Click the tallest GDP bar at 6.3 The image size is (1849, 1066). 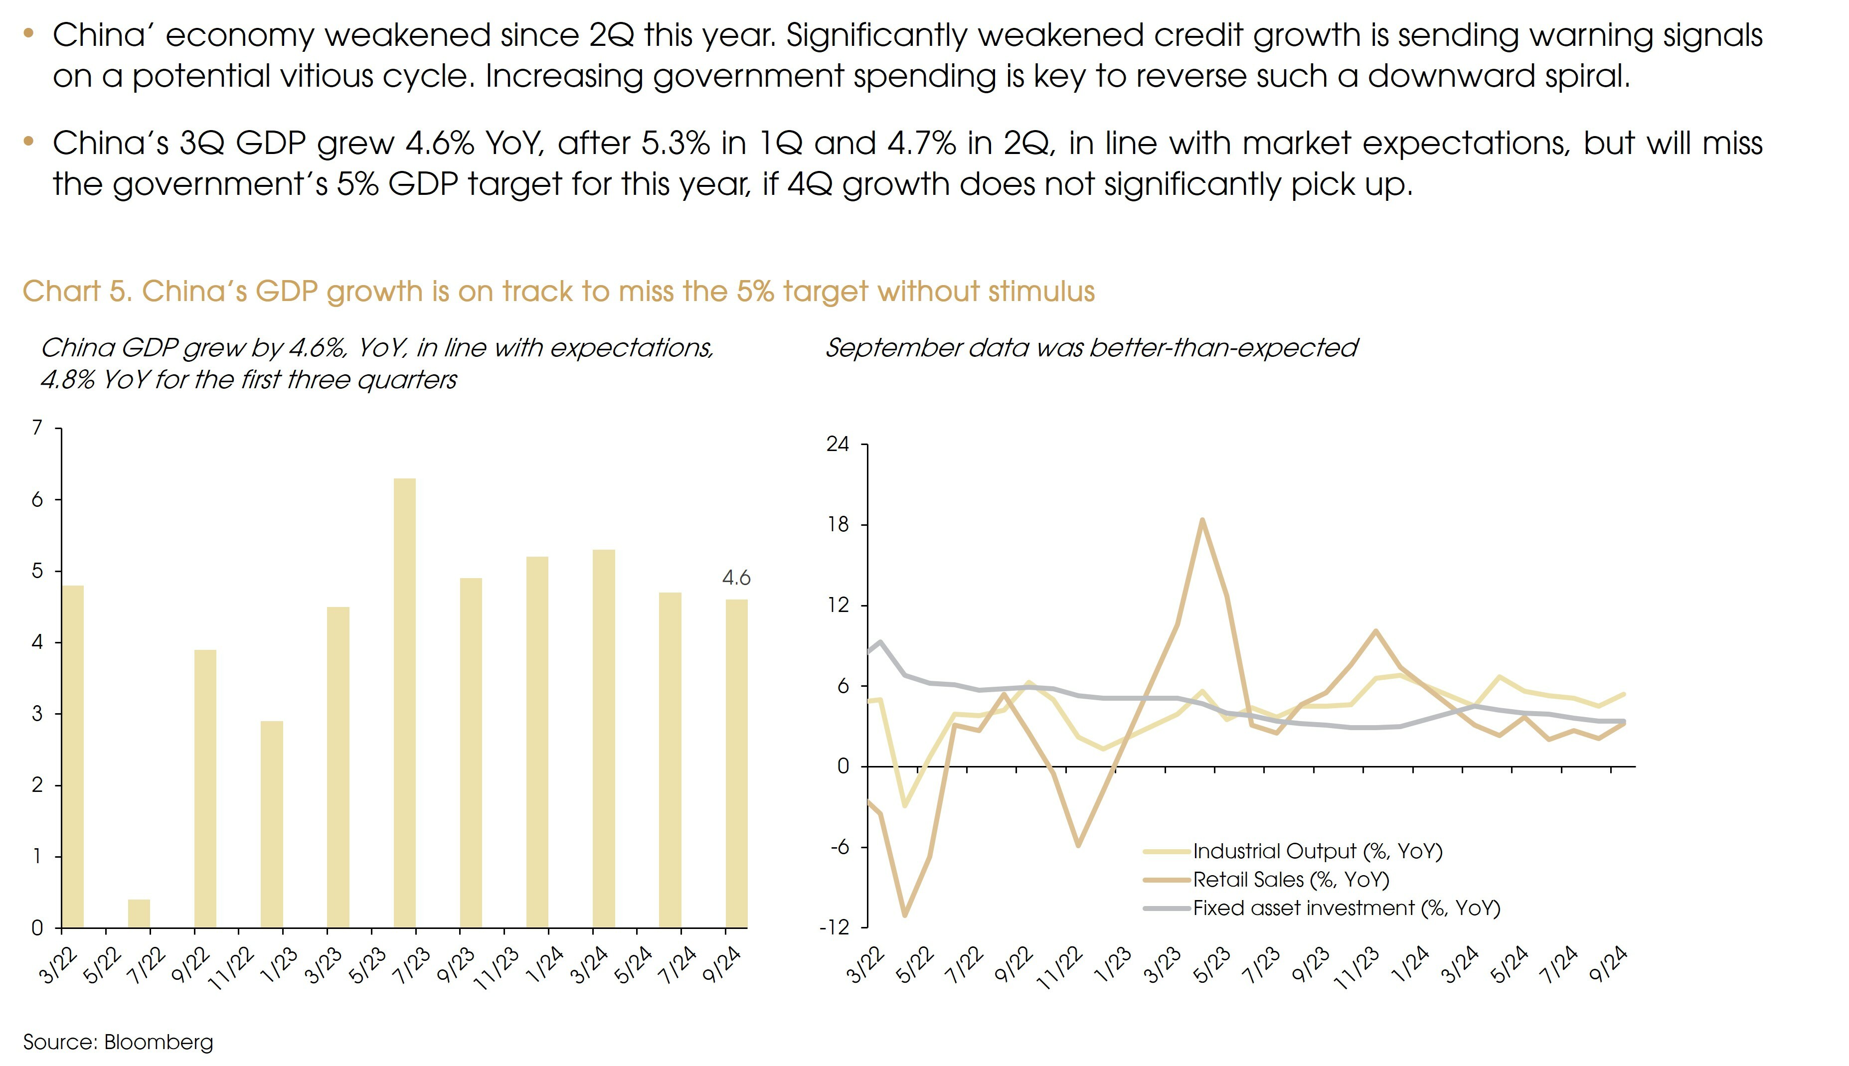coord(404,703)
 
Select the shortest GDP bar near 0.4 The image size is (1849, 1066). coord(139,913)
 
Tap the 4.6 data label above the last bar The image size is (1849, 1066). coord(736,579)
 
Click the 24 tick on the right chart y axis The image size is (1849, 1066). coord(838,445)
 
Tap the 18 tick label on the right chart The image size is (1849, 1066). coord(838,525)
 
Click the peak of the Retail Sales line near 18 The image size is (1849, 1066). coord(1201,521)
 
